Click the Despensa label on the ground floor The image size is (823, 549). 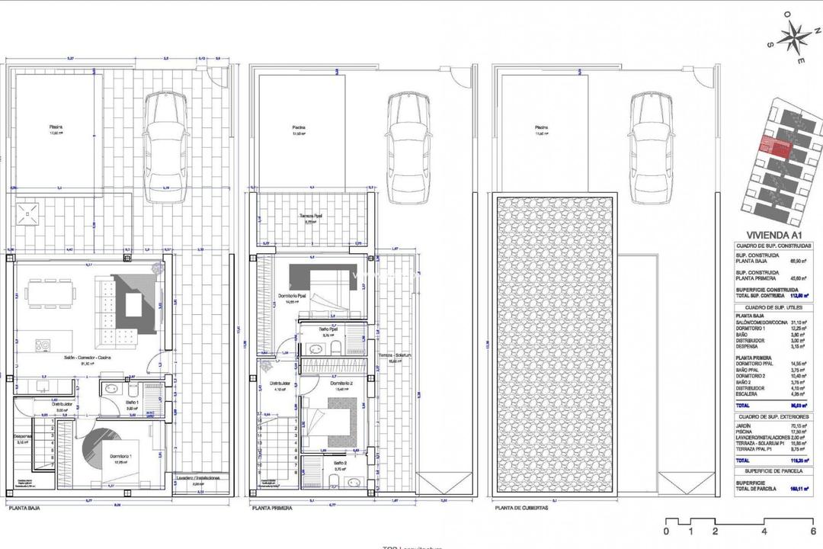(x=22, y=437)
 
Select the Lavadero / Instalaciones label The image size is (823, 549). (x=197, y=478)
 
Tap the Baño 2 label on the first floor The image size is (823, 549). (x=341, y=462)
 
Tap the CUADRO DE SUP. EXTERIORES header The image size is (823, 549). (x=773, y=417)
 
